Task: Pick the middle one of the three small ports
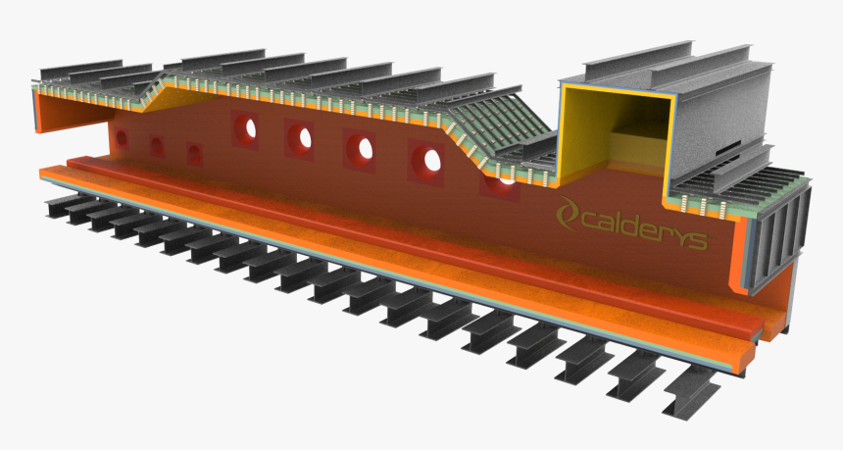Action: tap(157, 146)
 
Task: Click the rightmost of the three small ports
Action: tap(195, 155)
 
